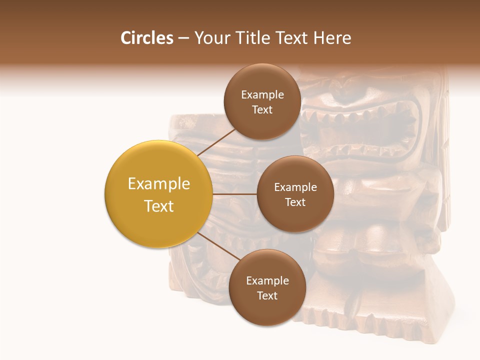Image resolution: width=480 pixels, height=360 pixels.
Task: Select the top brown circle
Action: (262, 102)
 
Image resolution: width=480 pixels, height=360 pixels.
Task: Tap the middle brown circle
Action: (295, 194)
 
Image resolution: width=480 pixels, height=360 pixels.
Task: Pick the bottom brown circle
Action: (267, 288)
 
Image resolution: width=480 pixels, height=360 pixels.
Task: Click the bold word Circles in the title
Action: (147, 38)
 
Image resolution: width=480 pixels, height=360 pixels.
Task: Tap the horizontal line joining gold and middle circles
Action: (234, 194)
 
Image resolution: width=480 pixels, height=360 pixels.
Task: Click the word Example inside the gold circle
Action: (159, 184)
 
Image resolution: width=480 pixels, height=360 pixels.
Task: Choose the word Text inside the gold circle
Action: (159, 206)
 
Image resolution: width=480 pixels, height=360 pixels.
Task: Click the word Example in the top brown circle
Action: (262, 95)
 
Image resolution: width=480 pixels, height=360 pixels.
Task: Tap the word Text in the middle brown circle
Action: (295, 202)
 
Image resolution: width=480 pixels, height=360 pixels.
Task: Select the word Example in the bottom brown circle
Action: (267, 281)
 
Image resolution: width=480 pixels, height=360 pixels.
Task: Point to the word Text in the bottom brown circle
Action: (267, 295)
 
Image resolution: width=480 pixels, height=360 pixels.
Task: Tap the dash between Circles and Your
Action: (183, 38)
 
